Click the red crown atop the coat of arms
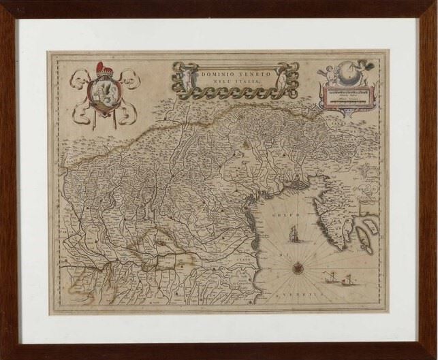point(104,69)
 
